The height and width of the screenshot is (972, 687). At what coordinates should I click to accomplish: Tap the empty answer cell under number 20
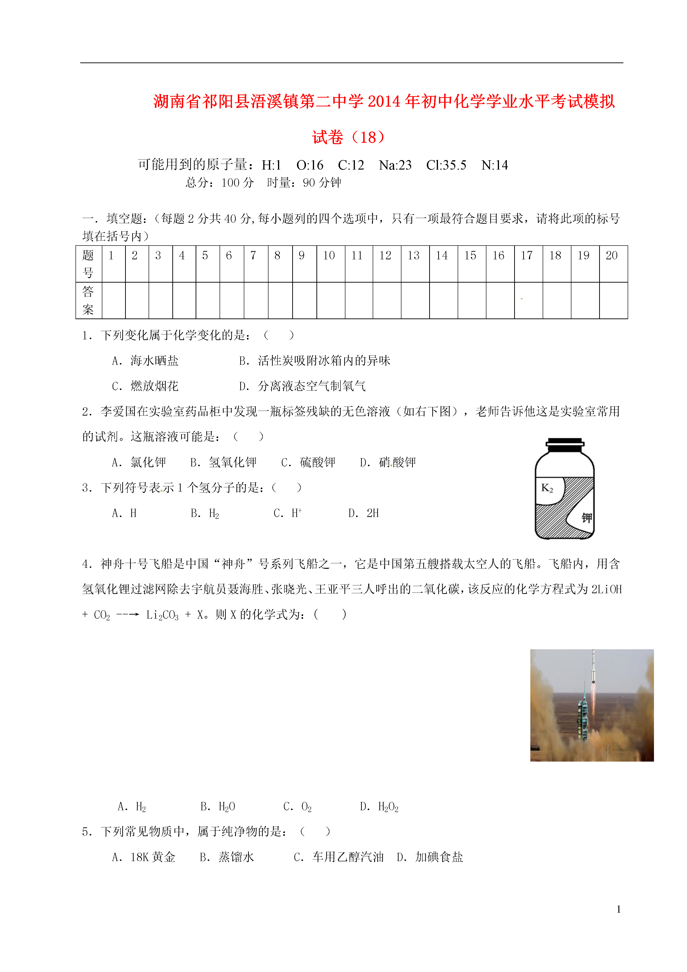click(613, 300)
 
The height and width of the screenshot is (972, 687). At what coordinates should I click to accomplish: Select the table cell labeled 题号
click(88, 264)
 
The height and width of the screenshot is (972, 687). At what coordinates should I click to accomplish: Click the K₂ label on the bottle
click(547, 488)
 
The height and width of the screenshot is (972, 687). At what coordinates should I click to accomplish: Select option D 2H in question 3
click(364, 513)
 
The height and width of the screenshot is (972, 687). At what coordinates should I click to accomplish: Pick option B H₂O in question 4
click(218, 807)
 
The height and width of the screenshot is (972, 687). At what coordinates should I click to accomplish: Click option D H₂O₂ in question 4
click(379, 807)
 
